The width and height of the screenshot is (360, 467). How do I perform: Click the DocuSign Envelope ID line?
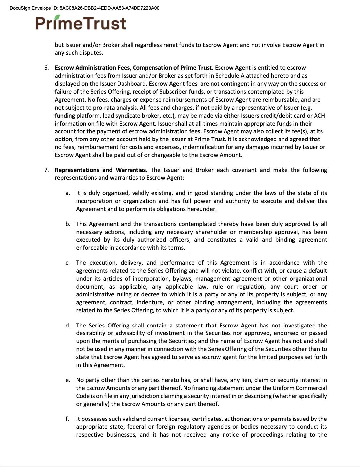click(x=84, y=8)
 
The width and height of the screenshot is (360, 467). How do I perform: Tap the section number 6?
click(x=47, y=68)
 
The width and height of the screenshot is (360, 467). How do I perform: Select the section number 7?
click(x=47, y=170)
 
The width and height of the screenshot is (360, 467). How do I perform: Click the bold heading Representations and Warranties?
click(x=101, y=170)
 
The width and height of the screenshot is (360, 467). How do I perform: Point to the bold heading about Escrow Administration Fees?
click(x=134, y=68)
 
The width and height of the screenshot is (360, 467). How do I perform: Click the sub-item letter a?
click(x=67, y=193)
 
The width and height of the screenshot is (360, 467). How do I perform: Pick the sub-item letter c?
click(x=67, y=263)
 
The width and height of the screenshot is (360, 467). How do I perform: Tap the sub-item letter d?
click(x=67, y=326)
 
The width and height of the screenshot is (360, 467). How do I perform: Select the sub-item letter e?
click(x=67, y=380)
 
